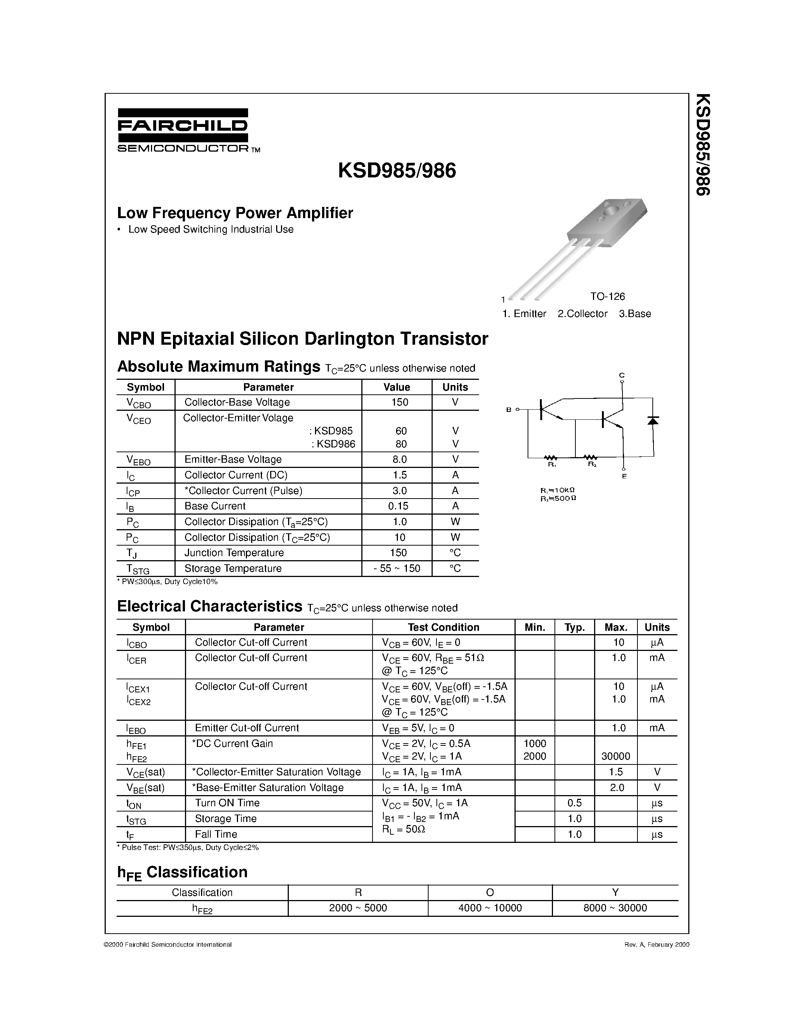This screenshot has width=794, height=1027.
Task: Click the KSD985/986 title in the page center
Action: click(396, 171)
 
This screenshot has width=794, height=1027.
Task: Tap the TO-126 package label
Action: click(607, 296)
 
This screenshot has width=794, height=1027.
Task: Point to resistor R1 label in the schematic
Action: click(552, 465)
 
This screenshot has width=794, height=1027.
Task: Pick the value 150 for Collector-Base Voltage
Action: click(399, 402)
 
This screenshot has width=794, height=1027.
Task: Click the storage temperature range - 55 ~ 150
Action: click(396, 568)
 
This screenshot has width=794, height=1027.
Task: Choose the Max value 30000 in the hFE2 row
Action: click(615, 756)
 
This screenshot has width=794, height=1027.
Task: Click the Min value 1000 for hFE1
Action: click(534, 744)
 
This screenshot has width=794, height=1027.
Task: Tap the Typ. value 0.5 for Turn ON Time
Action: click(574, 803)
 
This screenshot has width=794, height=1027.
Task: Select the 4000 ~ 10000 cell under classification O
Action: click(490, 907)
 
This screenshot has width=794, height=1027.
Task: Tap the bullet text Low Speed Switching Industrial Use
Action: click(210, 229)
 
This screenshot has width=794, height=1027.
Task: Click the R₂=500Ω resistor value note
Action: click(558, 498)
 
